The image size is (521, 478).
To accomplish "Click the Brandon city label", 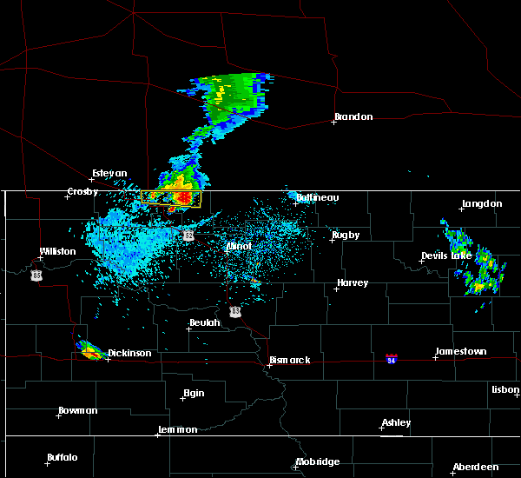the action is pyautogui.click(x=353, y=117).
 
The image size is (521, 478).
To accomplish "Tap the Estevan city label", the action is pyautogui.click(x=109, y=173).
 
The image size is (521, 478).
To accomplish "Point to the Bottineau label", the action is pyautogui.click(x=317, y=197).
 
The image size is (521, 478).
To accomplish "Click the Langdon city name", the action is pyautogui.click(x=482, y=204).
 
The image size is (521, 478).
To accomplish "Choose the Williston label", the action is pyautogui.click(x=57, y=252).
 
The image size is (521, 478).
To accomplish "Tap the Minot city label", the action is pyautogui.click(x=239, y=246).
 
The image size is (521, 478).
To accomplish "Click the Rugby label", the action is pyautogui.click(x=345, y=235).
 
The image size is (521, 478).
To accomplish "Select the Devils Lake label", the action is pyautogui.click(x=446, y=256).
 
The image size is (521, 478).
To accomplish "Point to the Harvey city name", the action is pyautogui.click(x=353, y=283).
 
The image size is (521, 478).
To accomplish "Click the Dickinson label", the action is pyautogui.click(x=129, y=354).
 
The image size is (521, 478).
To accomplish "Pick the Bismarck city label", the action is pyautogui.click(x=289, y=360).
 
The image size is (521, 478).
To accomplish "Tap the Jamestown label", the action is pyautogui.click(x=460, y=352).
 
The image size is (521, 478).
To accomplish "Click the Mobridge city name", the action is pyautogui.click(x=317, y=462).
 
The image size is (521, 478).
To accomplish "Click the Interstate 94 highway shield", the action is pyautogui.click(x=392, y=358).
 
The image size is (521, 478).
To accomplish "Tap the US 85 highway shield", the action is pyautogui.click(x=36, y=275).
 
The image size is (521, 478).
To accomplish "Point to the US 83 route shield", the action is pyautogui.click(x=235, y=310).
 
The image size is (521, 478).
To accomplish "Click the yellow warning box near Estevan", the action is pyautogui.click(x=171, y=199).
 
